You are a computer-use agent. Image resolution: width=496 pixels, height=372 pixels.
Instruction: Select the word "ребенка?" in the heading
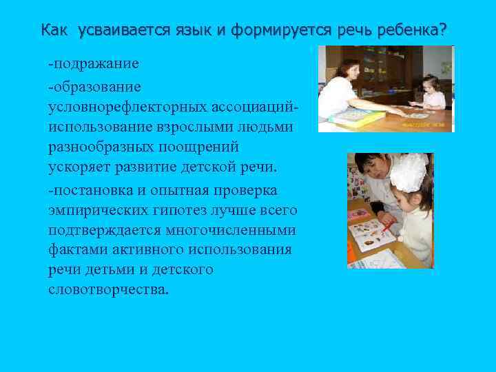click(415, 30)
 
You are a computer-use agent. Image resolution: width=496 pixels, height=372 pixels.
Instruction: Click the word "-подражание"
click(94, 63)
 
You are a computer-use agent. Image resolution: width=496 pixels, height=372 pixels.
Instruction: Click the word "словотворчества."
click(108, 289)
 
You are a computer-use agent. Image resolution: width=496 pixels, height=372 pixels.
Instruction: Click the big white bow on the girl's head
click(410, 170)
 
